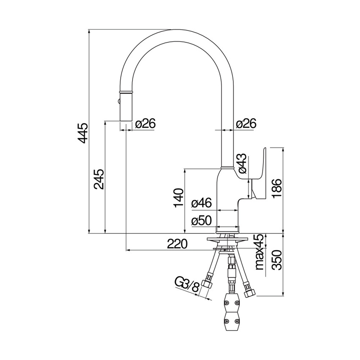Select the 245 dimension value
pos(98,180)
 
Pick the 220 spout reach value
pos(177,244)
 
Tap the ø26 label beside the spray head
pos(145,123)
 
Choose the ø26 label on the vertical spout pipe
pos(246,123)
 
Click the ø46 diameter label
pos(201,203)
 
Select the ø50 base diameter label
pos(201,220)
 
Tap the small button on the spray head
pos(119,101)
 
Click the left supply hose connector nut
pos(208,283)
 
